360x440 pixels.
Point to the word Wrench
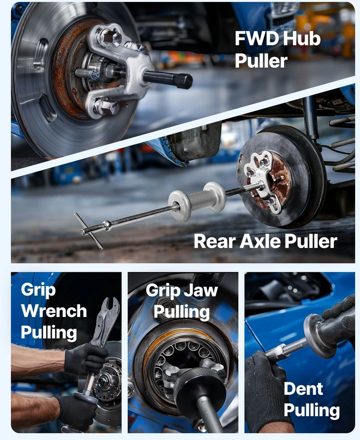tap(54, 311)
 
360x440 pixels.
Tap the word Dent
tap(303, 389)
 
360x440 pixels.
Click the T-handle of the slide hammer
tap(89, 231)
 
